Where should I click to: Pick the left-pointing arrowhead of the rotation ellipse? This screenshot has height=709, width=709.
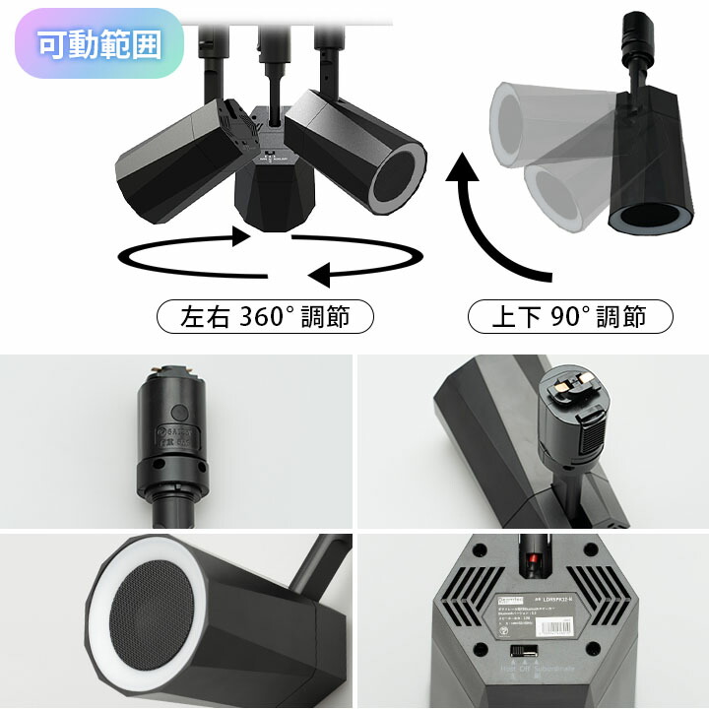pos(318,273)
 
